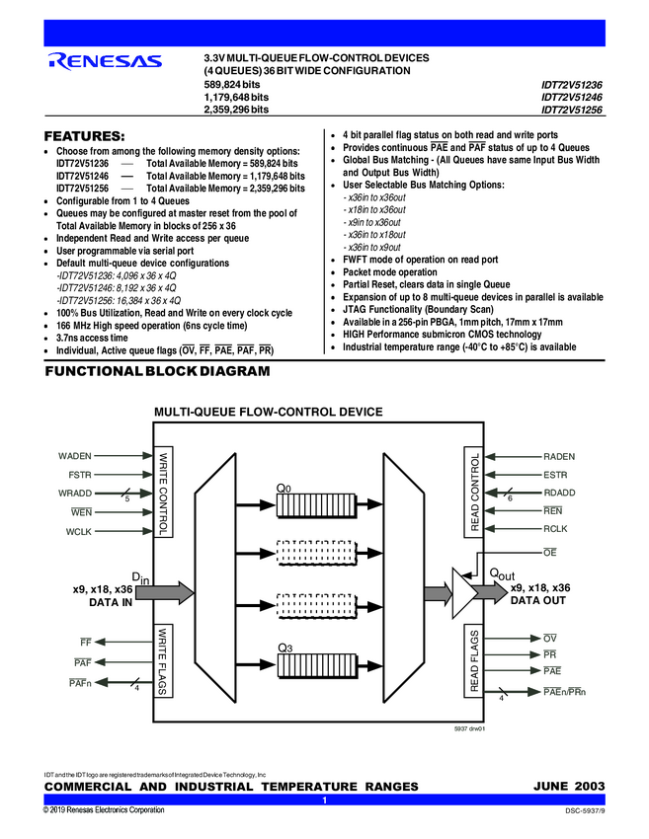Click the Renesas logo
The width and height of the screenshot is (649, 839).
[x=105, y=63]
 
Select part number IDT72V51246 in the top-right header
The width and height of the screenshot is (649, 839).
[x=571, y=98]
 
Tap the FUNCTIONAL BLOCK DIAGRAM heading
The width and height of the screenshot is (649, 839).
[x=157, y=371]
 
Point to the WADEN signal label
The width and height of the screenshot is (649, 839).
[x=76, y=457]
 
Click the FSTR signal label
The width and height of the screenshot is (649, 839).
[x=80, y=476]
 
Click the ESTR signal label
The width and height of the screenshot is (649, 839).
[x=557, y=476]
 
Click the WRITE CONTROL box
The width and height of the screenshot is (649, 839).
[x=164, y=491]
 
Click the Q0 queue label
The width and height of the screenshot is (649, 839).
[x=284, y=488]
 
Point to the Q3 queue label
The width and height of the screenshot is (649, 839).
[x=284, y=648]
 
